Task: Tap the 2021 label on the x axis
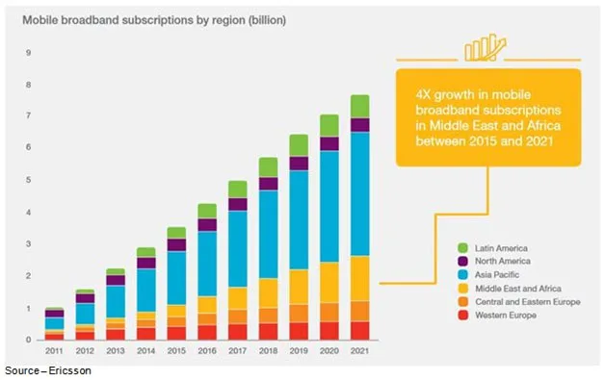point(359,351)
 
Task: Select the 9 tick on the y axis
point(29,53)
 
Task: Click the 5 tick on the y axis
point(29,180)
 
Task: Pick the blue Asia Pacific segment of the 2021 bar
point(359,192)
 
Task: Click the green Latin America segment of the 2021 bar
point(359,106)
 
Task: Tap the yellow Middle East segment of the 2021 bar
point(359,278)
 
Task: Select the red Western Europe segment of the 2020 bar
point(329,330)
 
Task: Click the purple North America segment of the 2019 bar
point(299,164)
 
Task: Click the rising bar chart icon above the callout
point(485,50)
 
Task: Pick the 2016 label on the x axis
point(206,351)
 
